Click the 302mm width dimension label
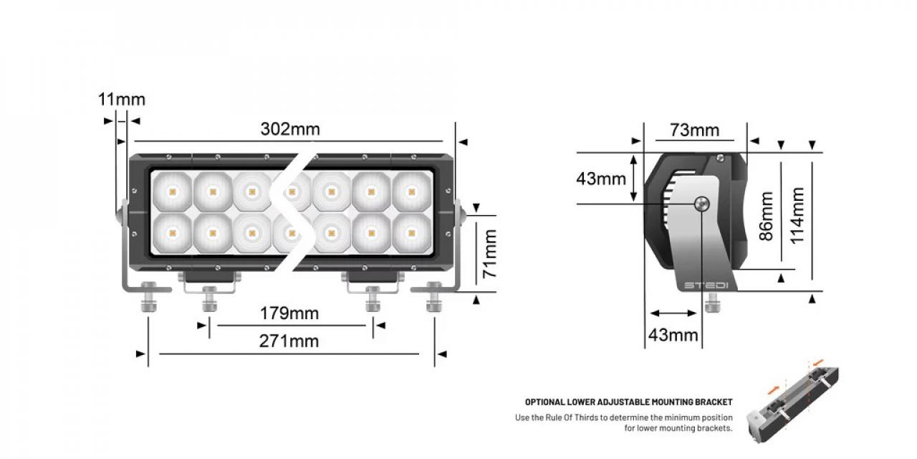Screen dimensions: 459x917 289,129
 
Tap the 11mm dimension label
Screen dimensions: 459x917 121,99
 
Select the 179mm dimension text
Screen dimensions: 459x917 289,313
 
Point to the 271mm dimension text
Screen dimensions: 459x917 289,341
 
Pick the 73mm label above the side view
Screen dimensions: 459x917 694,130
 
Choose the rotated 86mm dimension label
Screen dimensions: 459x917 767,215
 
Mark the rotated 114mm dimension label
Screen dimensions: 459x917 797,215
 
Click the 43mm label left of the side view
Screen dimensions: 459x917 601,179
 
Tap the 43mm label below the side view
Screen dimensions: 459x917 673,334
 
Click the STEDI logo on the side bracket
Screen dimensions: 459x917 706,285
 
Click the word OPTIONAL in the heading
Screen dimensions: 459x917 544,402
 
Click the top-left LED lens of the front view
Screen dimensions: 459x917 172,191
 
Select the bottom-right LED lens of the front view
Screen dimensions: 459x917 411,232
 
